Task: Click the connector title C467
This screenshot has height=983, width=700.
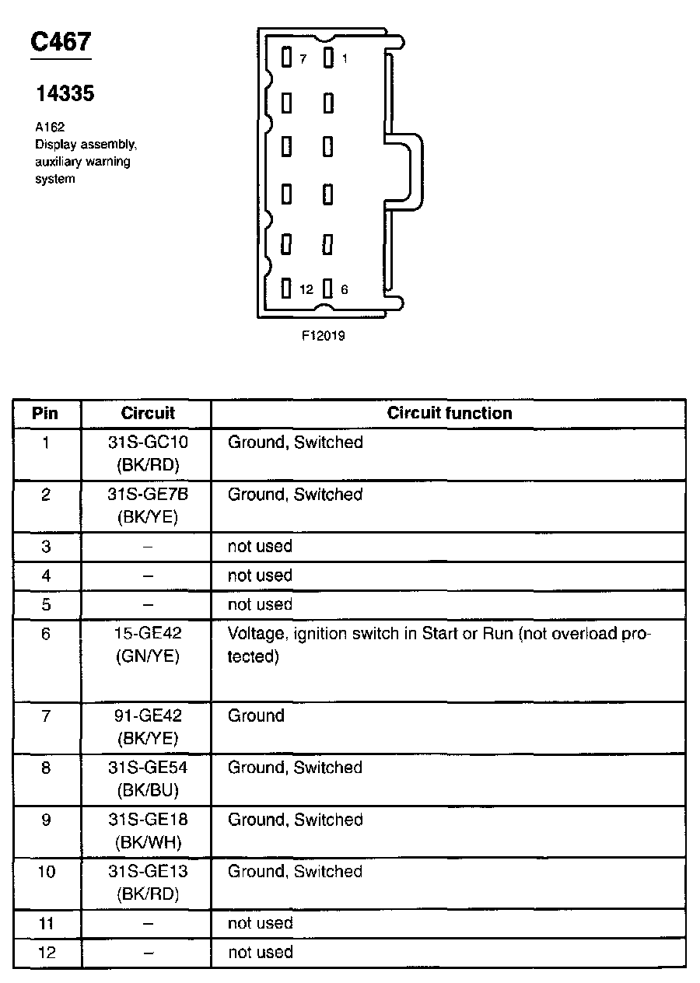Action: click(x=61, y=42)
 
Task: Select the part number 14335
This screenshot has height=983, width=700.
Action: click(x=65, y=94)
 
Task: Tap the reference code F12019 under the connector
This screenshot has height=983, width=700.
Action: click(x=324, y=336)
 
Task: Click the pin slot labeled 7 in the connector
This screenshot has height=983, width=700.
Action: click(x=286, y=58)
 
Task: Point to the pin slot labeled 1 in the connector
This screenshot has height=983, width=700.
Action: click(x=328, y=58)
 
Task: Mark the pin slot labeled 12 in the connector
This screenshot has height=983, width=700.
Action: click(x=286, y=289)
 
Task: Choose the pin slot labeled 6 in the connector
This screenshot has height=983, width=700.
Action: click(x=328, y=289)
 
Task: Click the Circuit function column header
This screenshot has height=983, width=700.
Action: click(x=450, y=413)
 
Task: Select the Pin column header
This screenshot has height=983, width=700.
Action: click(x=45, y=413)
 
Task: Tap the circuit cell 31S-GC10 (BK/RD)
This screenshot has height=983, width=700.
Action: click(x=147, y=453)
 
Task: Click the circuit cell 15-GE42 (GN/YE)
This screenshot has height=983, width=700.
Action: click(x=147, y=645)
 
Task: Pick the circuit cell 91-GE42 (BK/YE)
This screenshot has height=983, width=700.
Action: click(x=147, y=727)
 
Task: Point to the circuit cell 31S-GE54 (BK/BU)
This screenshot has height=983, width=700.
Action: click(x=147, y=778)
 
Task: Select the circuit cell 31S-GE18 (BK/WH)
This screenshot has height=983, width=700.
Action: click(x=147, y=831)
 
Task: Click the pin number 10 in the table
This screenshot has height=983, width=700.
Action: click(x=47, y=872)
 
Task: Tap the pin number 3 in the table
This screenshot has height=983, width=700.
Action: click(x=46, y=547)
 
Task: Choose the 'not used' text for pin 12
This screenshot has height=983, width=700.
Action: click(x=260, y=952)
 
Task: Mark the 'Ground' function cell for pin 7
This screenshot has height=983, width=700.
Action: click(x=256, y=715)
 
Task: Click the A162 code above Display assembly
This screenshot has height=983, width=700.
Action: click(x=49, y=128)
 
